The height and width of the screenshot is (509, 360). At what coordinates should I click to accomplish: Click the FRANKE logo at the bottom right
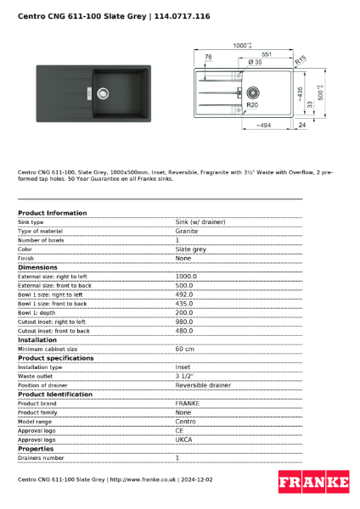[x=313, y=482]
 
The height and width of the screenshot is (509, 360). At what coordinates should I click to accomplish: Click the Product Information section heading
[x=52, y=213]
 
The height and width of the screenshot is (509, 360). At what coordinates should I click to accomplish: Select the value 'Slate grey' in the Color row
[x=190, y=249]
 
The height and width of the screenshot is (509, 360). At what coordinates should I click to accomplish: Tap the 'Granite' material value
[x=187, y=231]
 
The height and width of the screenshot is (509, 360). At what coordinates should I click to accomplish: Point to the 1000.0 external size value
[x=185, y=276]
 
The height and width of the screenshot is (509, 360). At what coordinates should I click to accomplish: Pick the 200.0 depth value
[x=185, y=312]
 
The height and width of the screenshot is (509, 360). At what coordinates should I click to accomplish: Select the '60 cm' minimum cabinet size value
[x=184, y=349]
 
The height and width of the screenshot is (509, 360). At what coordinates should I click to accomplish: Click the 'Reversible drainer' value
[x=203, y=385]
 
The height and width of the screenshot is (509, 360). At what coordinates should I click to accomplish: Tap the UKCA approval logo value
[x=184, y=439]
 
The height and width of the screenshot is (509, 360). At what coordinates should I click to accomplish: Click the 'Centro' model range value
[x=185, y=422]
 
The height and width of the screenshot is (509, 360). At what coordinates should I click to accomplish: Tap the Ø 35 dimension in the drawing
[x=255, y=63]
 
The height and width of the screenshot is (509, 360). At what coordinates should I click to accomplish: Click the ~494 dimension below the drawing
[x=263, y=125]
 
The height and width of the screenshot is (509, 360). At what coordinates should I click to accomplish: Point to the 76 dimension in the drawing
[x=209, y=57]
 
